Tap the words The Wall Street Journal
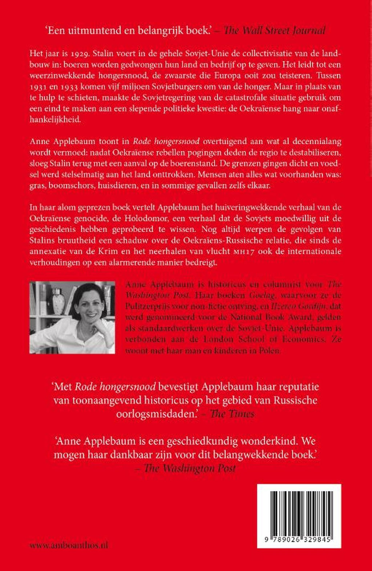coord(275,30)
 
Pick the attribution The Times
coord(232,414)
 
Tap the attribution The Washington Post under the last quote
coord(190,468)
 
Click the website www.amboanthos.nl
coord(69,545)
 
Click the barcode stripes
coord(299,512)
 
